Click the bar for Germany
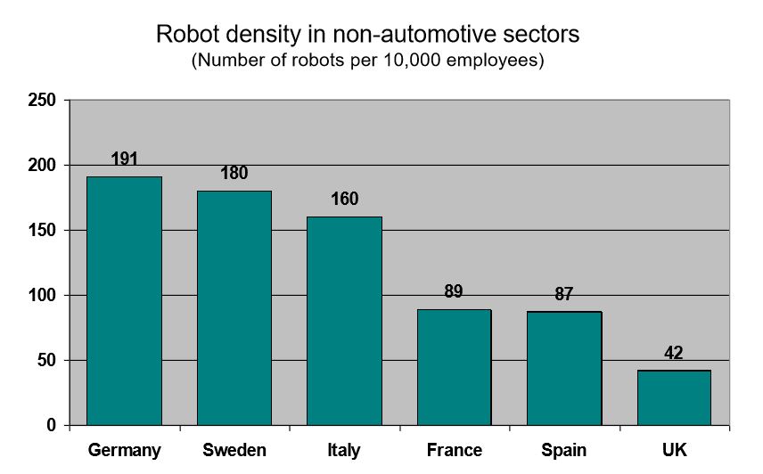click(124, 301)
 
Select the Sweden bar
click(234, 308)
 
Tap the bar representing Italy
click(344, 321)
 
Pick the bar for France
click(455, 367)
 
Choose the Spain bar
click(564, 368)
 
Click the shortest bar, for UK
click(674, 397)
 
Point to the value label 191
click(125, 159)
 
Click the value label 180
click(234, 174)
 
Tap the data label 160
click(344, 200)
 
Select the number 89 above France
click(454, 291)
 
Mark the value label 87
click(563, 294)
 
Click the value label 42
click(674, 353)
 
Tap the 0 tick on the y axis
click(52, 426)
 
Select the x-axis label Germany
click(124, 451)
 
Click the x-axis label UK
click(675, 451)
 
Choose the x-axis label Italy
click(344, 451)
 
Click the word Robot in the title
click(185, 35)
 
